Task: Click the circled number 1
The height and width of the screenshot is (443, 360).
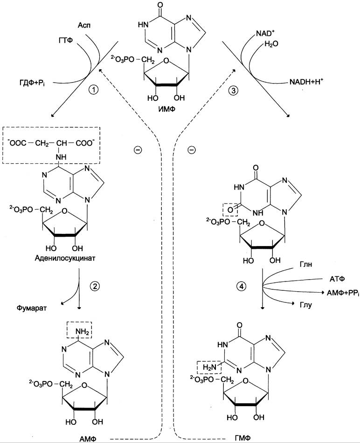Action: tap(93, 90)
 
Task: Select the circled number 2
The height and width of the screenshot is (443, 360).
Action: tap(95, 286)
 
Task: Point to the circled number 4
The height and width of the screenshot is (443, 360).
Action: tap(241, 287)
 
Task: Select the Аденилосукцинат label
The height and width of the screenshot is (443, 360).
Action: tap(65, 258)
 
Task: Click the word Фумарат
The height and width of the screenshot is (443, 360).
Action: tap(31, 308)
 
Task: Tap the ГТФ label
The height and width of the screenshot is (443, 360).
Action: tap(66, 41)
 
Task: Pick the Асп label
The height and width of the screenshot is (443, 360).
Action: tap(84, 25)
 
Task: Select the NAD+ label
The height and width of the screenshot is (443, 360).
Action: tap(265, 33)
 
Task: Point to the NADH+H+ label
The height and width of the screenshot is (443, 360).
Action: tap(306, 82)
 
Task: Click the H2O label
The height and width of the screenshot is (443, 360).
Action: tap(271, 44)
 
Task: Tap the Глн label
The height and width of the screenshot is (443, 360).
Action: tap(306, 265)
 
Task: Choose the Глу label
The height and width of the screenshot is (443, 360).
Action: tap(306, 305)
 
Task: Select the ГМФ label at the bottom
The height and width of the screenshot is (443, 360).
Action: tap(242, 438)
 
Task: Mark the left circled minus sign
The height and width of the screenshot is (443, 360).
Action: tap(138, 149)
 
